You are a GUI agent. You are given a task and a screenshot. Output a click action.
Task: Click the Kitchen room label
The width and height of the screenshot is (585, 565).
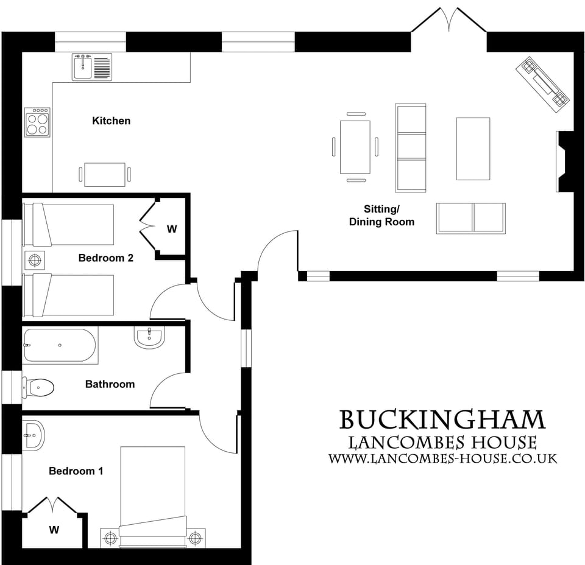pyautogui.click(x=111, y=121)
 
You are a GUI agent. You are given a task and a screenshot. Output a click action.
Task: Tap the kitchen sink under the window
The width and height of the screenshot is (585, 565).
pyautogui.click(x=92, y=66)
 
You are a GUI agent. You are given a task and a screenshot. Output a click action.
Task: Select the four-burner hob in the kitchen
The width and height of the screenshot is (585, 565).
pyautogui.click(x=37, y=122)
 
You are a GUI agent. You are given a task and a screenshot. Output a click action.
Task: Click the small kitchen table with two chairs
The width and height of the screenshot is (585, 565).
pyautogui.click(x=105, y=175)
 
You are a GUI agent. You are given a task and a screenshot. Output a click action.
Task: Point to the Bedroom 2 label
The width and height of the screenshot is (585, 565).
pyautogui.click(x=105, y=258)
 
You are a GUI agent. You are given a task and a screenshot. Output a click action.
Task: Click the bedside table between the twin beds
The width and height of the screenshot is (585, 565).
pyautogui.click(x=35, y=260)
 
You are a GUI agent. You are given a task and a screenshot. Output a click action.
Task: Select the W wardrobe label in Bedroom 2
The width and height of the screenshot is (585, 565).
pyautogui.click(x=172, y=229)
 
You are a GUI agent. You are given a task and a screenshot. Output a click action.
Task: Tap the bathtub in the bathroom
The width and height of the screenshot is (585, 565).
pyautogui.click(x=60, y=345)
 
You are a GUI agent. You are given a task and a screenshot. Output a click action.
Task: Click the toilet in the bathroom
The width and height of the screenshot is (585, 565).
pyautogui.click(x=39, y=387)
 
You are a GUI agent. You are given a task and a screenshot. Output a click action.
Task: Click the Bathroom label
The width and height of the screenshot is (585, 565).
pyautogui.click(x=110, y=384)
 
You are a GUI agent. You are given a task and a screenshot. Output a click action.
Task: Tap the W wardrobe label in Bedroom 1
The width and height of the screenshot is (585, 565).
pyautogui.click(x=54, y=530)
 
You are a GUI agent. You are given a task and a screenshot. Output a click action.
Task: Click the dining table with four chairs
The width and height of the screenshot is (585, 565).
pyautogui.click(x=355, y=147)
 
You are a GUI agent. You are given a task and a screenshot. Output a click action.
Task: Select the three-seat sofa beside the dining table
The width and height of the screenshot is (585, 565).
pyautogui.click(x=411, y=147)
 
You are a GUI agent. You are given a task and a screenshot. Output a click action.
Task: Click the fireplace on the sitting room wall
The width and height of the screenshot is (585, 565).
pyautogui.click(x=563, y=161)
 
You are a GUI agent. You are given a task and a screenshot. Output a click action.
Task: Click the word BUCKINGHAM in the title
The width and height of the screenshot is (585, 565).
pyautogui.click(x=442, y=420)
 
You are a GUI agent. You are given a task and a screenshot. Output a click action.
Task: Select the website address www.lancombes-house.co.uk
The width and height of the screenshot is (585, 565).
pyautogui.click(x=443, y=458)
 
